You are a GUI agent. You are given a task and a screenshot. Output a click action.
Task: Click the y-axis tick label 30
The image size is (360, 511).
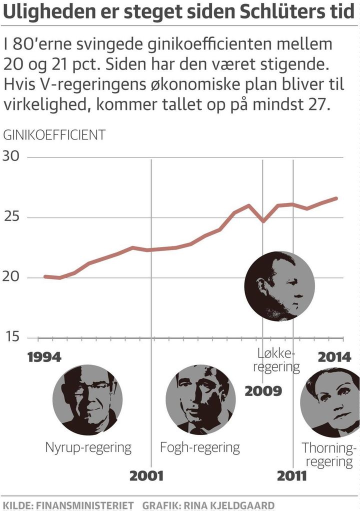pos(11,157)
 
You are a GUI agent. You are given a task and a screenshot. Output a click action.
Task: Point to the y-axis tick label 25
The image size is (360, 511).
pos(11,217)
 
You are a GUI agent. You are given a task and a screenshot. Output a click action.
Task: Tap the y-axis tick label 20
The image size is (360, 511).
pos(11,278)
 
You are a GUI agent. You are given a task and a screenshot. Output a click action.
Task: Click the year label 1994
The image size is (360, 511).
pos(44,357)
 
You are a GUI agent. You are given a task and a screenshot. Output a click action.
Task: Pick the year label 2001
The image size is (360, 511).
pos(146,475)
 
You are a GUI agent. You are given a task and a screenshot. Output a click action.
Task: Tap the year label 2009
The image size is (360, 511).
pos(263,390)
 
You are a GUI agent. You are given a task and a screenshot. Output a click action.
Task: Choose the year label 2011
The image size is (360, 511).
pos(292,475)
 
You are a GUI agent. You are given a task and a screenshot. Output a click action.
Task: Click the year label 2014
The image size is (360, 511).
pos(335,357)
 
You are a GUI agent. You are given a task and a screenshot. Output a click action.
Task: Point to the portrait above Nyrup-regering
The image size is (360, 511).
pos(87,400)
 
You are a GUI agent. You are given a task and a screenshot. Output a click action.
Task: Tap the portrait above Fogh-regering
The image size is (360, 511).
pos(200,400)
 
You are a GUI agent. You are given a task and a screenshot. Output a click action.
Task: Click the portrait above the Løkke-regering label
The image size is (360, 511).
pos(279,286)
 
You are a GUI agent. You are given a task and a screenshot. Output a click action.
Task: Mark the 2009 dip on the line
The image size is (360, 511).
pos(263,220)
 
